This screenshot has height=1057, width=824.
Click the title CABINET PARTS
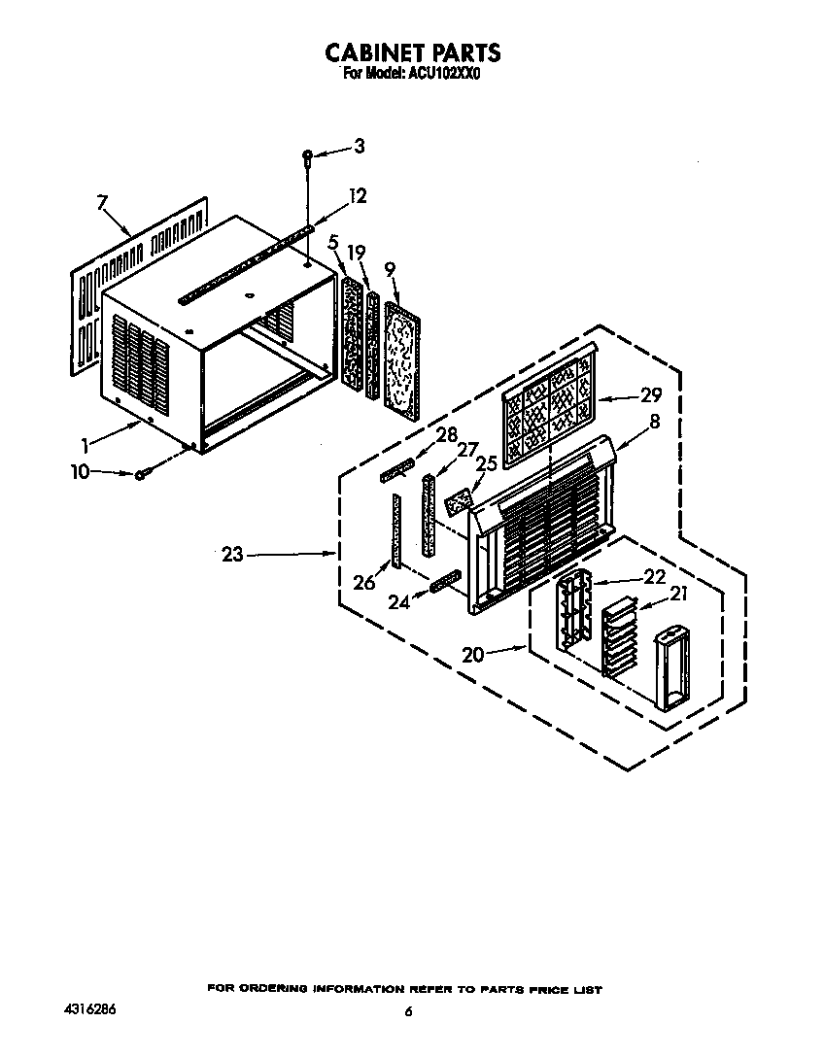click(x=413, y=52)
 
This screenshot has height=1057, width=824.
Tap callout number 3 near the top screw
click(x=360, y=146)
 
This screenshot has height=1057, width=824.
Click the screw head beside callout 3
click(x=307, y=156)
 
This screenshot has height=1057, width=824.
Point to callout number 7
click(x=102, y=202)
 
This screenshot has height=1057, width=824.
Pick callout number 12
click(x=358, y=196)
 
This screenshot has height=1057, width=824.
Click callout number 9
click(x=390, y=270)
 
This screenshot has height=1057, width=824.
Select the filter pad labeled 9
click(x=402, y=356)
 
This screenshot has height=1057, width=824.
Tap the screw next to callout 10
click(x=140, y=474)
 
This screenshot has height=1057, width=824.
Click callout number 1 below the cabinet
click(x=85, y=446)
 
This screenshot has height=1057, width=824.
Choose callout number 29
click(x=651, y=395)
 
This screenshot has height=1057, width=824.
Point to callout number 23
click(x=232, y=555)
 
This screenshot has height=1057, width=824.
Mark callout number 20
click(x=473, y=654)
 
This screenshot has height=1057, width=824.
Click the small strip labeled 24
click(x=445, y=580)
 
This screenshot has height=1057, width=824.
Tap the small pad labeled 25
click(x=458, y=501)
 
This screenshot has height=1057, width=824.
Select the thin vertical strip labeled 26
click(x=395, y=531)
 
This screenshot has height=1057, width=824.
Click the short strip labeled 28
click(x=397, y=470)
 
